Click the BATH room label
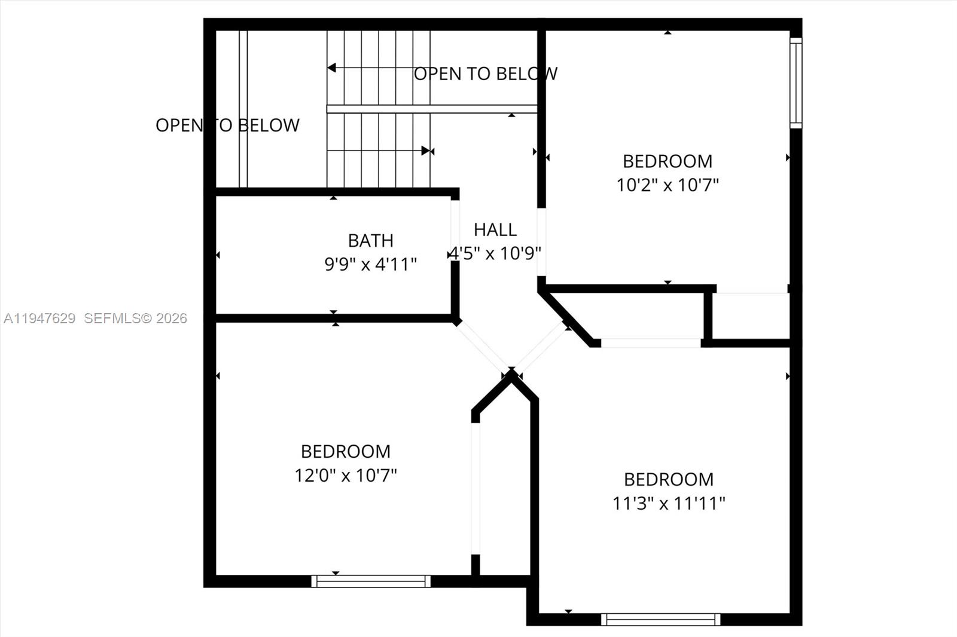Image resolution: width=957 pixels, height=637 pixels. click(x=371, y=240)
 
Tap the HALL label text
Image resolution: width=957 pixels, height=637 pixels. click(x=495, y=229)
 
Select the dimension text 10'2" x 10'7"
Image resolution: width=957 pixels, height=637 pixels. click(x=668, y=185)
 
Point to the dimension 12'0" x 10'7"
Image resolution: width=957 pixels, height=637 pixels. click(x=346, y=475)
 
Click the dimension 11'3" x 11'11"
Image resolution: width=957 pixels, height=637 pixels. click(x=669, y=503)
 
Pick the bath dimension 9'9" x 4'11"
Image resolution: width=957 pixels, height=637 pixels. click(x=371, y=264)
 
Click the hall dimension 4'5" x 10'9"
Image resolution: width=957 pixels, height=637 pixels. click(x=495, y=253)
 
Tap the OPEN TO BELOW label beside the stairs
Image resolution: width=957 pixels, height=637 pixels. click(x=486, y=73)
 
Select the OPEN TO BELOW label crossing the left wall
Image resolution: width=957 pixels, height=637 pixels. click(x=227, y=125)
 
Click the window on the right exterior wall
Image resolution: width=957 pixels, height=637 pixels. click(x=796, y=83)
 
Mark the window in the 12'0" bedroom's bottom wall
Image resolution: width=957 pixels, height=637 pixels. click(x=371, y=581)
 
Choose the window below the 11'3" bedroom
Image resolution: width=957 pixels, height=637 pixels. click(x=660, y=619)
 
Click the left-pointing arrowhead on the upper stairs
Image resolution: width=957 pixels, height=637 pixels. click(x=332, y=68)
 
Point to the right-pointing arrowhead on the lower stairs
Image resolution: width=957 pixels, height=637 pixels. click(x=425, y=151)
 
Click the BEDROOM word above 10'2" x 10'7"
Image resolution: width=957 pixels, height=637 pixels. click(x=668, y=161)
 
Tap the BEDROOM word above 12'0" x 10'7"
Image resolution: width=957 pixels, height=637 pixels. click(x=346, y=451)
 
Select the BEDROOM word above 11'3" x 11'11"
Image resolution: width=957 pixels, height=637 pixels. click(x=669, y=479)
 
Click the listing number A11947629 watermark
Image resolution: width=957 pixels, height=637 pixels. click(x=39, y=318)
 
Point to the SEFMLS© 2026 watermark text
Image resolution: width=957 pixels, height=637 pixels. click(x=135, y=318)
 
